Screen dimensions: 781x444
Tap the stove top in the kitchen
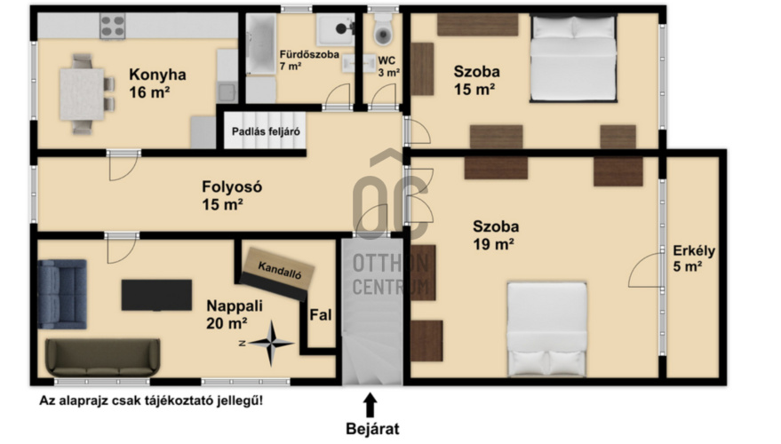pyautogui.click(x=113, y=26)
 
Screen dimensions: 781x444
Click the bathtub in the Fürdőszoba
pyautogui.click(x=261, y=44)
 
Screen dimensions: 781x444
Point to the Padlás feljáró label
pyautogui.click(x=266, y=132)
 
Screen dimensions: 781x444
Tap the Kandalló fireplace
pyautogui.click(x=278, y=274)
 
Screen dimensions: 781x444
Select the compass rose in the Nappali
pyautogui.click(x=270, y=343)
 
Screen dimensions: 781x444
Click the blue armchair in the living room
pyautogui.click(x=62, y=294)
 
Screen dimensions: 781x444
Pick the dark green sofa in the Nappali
pyautogui.click(x=102, y=358)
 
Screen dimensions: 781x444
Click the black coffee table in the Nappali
pyautogui.click(x=156, y=295)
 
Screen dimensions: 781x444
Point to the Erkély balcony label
pyautogui.click(x=694, y=258)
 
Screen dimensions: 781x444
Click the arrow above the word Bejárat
pyautogui.click(x=370, y=405)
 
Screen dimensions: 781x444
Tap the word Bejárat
pyautogui.click(x=372, y=429)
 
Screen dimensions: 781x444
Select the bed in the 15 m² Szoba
pyautogui.click(x=573, y=59)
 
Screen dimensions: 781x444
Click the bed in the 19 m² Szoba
pyautogui.click(x=547, y=329)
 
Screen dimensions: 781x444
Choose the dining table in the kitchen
pyautogui.click(x=82, y=95)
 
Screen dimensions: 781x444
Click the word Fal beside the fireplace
pyautogui.click(x=321, y=315)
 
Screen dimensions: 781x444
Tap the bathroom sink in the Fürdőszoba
pyautogui.click(x=335, y=30)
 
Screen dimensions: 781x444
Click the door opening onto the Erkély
pyautogui.click(x=646, y=270)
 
